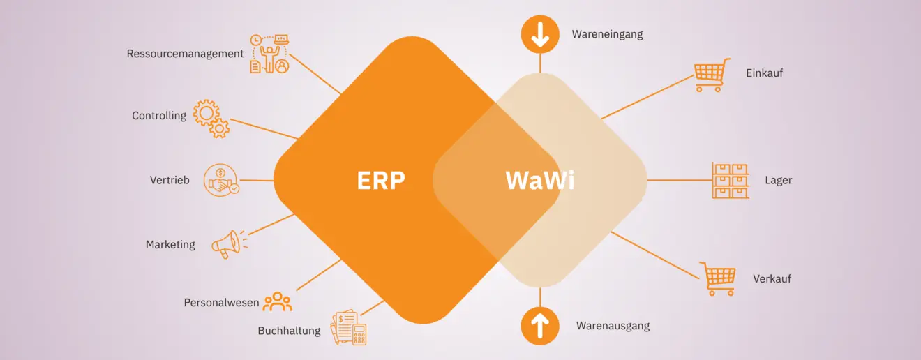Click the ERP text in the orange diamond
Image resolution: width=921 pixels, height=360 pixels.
381,180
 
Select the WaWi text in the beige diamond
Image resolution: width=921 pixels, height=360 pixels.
540,180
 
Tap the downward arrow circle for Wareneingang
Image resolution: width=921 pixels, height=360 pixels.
540,34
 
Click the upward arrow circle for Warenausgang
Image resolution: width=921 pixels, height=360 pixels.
540,326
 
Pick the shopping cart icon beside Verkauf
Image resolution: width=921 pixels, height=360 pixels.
717,278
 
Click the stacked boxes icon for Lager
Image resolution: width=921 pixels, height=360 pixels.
730,181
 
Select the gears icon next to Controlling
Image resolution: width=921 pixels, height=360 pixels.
211,118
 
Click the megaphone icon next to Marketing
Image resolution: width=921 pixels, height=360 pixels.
229,243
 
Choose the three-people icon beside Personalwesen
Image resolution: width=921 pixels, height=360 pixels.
277,301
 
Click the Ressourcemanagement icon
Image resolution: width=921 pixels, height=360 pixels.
269,54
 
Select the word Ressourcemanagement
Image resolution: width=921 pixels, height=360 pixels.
185,54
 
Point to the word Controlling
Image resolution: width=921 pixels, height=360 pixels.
159,116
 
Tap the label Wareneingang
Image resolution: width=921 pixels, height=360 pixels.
607,33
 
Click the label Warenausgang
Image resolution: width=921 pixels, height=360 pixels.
613,326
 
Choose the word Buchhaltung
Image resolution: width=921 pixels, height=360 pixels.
289,331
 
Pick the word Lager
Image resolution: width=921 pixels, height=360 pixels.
778,181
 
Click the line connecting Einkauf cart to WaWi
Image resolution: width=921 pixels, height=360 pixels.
647,97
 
